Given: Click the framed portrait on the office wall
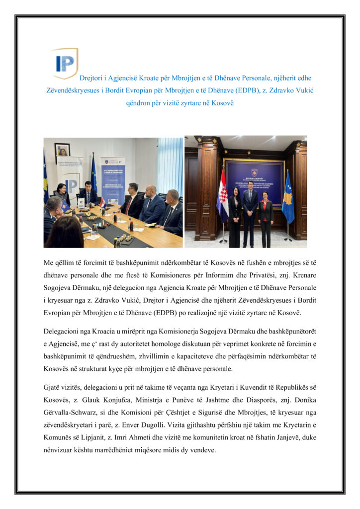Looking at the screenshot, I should click(62, 150).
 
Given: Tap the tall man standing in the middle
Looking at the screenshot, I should click(250, 209).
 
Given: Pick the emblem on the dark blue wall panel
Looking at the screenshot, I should click(254, 172).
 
